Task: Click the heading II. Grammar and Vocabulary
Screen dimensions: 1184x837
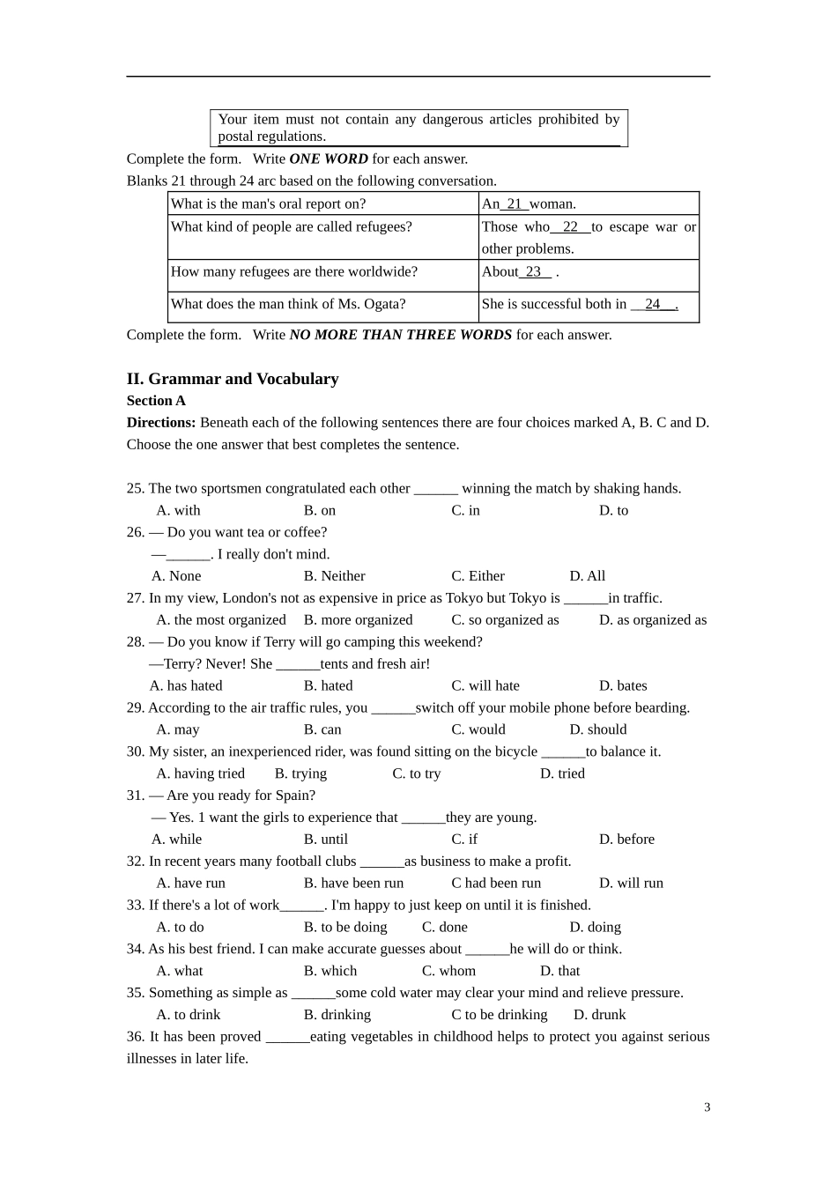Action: (x=233, y=379)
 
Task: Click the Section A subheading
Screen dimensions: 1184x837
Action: (x=156, y=401)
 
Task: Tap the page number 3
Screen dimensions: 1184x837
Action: (x=707, y=1107)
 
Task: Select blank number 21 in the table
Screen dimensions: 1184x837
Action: (x=515, y=203)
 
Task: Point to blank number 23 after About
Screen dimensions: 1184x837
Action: (x=534, y=271)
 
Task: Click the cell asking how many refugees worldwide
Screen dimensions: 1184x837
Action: (x=294, y=271)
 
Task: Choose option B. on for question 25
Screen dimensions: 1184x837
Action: (x=320, y=510)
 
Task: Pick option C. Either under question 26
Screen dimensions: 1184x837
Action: (x=478, y=576)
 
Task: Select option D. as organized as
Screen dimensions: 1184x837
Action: (x=653, y=620)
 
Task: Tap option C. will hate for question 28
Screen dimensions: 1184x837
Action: (x=485, y=685)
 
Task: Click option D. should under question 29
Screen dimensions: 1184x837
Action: (x=598, y=729)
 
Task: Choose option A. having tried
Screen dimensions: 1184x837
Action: (x=201, y=773)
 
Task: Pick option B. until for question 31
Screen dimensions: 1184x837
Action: (x=326, y=840)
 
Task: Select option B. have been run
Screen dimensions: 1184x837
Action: (x=353, y=883)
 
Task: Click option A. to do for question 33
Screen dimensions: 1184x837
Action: (x=180, y=927)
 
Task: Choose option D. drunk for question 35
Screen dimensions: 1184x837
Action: (x=599, y=1015)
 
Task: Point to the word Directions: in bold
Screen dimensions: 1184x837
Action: (x=161, y=423)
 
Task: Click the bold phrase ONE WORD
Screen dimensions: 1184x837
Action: (x=329, y=159)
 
